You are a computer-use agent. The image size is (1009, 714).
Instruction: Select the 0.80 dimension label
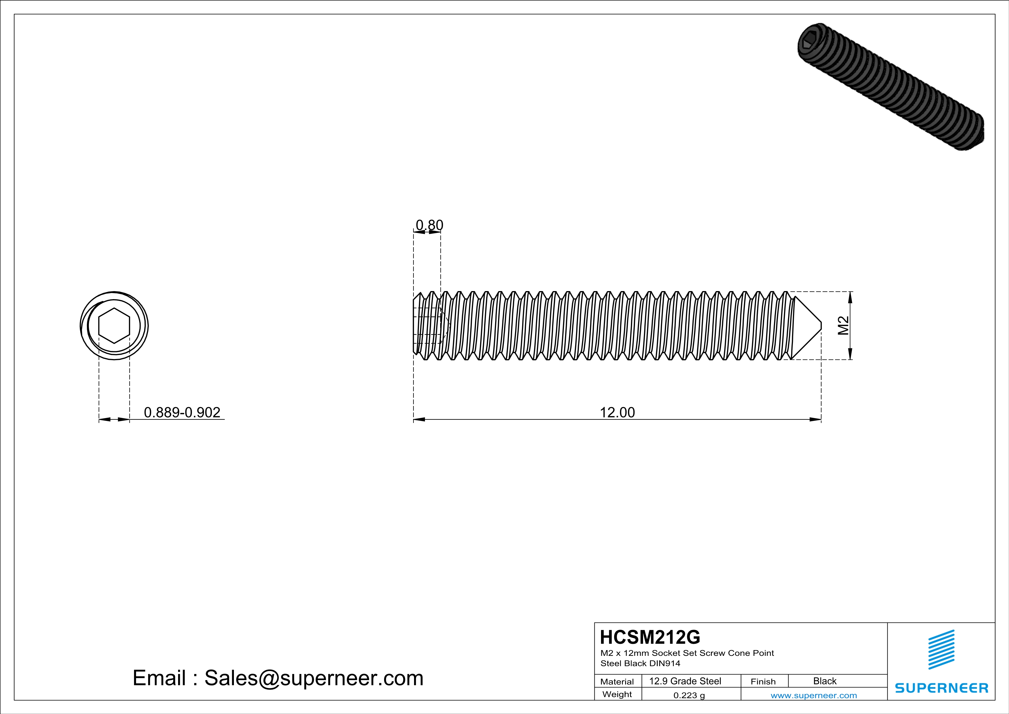coord(429,225)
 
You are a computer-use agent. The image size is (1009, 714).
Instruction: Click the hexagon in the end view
coord(114,325)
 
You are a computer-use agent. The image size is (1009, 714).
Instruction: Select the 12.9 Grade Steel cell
coord(685,681)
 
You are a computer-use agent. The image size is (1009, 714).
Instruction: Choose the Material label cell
coord(617,681)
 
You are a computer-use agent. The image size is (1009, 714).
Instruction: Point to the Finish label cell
coord(763,681)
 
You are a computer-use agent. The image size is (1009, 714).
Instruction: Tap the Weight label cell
coord(617,694)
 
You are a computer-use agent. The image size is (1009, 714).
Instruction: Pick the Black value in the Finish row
coord(824,681)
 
